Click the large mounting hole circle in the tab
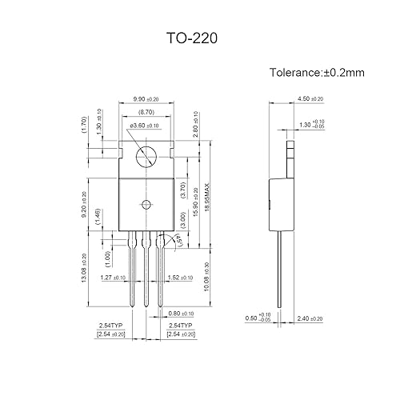146,155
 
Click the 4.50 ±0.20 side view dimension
310,99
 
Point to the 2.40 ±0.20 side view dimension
310,318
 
